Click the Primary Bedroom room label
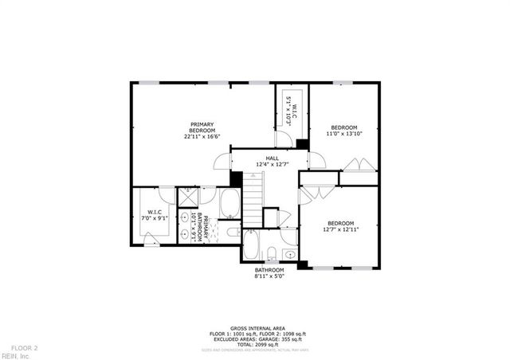[x=202, y=127]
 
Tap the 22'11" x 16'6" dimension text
[x=202, y=135]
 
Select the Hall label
[x=272, y=158]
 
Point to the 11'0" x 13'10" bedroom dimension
[x=344, y=134]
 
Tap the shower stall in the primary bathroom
[x=188, y=198]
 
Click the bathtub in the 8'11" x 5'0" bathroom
[x=251, y=247]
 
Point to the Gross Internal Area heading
[x=254, y=327]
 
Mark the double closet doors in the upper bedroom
[x=360, y=165]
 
